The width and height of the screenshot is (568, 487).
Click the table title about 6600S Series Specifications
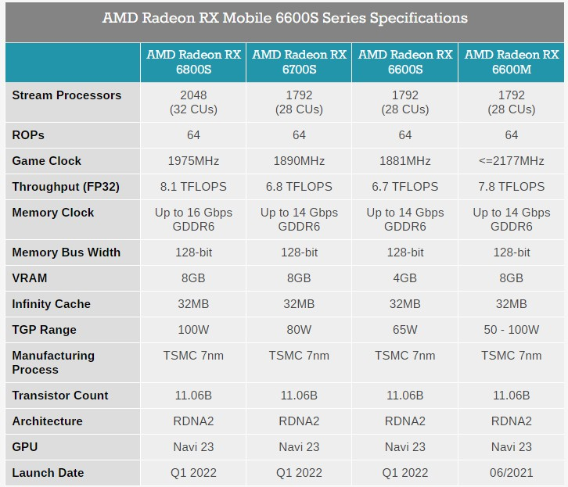click(x=285, y=18)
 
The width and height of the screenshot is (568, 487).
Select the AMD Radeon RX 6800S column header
click(x=193, y=62)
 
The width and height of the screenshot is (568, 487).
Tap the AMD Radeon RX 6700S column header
click(x=299, y=62)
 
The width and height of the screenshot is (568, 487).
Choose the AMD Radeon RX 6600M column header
click(x=512, y=62)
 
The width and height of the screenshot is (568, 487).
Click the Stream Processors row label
click(x=67, y=95)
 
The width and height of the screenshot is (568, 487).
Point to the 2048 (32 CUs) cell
click(x=193, y=102)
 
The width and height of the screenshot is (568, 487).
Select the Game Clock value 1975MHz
click(x=193, y=161)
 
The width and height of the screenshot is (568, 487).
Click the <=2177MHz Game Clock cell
click(x=512, y=161)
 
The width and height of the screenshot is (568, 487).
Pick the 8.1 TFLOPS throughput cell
click(x=193, y=187)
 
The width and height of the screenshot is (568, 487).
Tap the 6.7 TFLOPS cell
click(x=405, y=187)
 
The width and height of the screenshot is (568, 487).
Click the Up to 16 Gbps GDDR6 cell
click(x=193, y=220)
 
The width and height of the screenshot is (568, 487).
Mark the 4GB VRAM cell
click(x=405, y=278)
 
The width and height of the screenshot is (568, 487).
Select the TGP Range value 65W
click(x=405, y=330)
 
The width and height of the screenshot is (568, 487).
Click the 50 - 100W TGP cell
click(x=512, y=330)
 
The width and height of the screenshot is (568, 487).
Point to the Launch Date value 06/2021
click(x=512, y=473)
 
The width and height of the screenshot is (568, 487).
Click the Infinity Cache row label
click(x=52, y=304)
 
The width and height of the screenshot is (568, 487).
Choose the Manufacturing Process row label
click(x=53, y=363)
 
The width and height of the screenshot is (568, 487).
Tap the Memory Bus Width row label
click(x=67, y=252)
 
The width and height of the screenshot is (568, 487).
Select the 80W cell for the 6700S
click(x=299, y=330)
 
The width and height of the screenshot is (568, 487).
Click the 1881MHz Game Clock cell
click(x=405, y=161)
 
